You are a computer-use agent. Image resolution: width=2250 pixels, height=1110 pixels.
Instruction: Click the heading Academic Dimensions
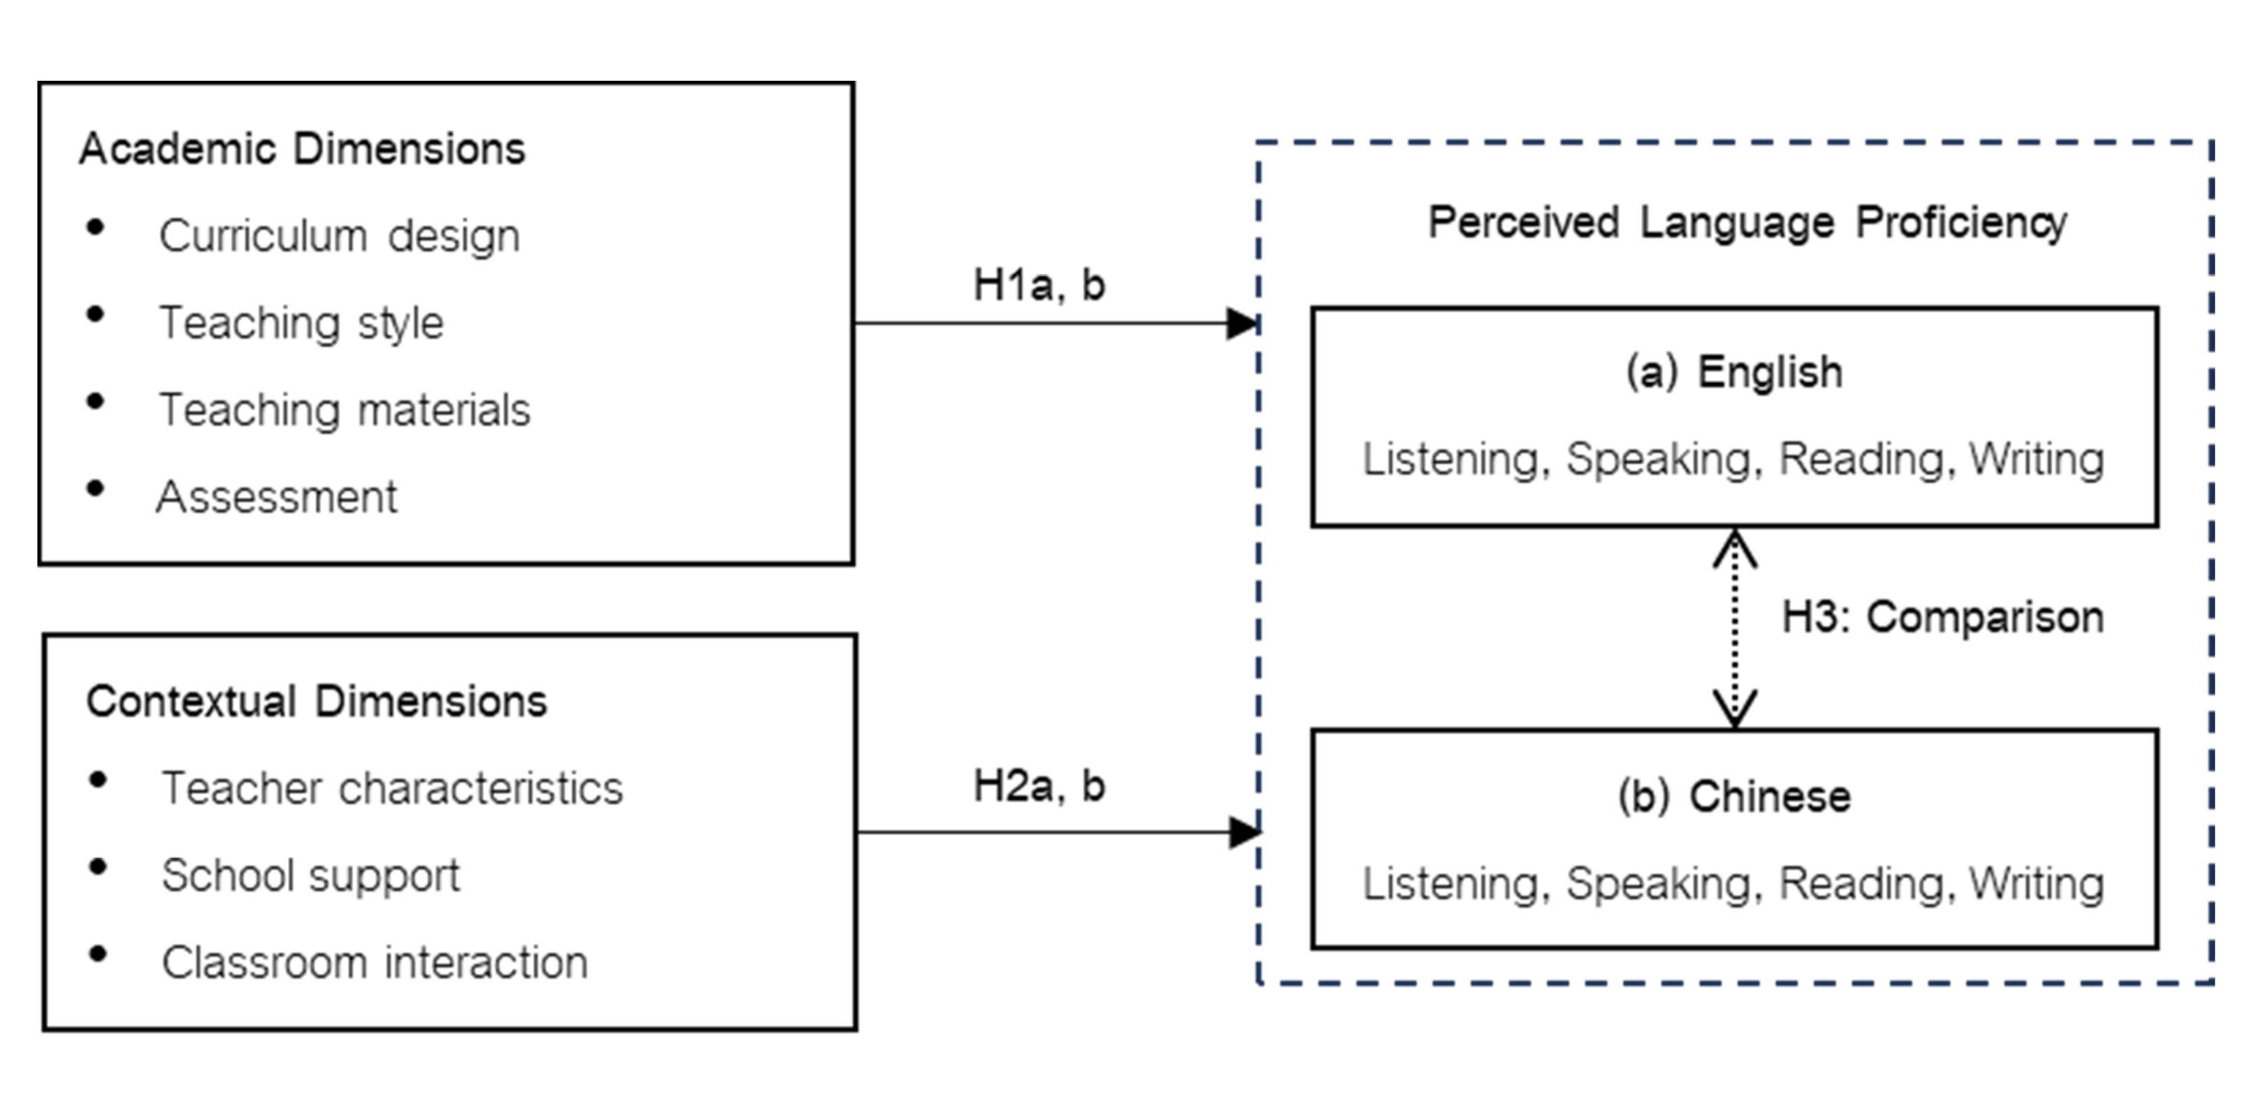click(302, 148)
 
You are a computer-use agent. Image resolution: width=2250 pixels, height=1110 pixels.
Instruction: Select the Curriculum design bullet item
click(339, 235)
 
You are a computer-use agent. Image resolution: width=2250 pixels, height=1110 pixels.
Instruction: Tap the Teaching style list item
click(301, 323)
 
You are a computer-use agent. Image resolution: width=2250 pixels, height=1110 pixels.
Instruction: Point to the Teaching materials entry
click(344, 410)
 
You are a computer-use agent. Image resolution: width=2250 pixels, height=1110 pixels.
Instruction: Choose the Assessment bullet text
click(277, 497)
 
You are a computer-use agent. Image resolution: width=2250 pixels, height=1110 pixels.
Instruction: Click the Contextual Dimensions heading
click(316, 701)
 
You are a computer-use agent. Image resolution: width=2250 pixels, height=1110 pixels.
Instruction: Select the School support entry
click(310, 876)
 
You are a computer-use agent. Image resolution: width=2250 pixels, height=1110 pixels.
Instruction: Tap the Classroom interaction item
click(375, 962)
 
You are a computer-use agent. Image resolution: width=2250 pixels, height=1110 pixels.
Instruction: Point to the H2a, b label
click(1039, 786)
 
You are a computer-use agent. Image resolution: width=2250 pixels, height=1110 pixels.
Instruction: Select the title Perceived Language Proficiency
click(1748, 223)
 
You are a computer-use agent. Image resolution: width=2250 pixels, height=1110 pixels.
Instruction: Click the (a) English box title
click(1735, 372)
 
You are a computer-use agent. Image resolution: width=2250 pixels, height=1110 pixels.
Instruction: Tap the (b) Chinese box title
click(1735, 796)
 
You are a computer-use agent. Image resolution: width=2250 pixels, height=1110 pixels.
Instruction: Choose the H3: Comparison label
click(1942, 617)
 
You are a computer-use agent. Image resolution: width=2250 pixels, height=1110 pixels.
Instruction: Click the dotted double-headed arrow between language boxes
click(1735, 629)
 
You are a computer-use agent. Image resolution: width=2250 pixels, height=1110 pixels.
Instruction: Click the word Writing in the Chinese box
click(2037, 884)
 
